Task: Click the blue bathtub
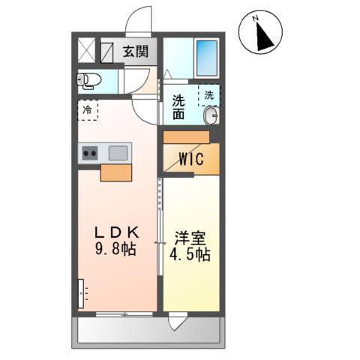coord(205,55)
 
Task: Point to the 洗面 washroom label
coord(178,107)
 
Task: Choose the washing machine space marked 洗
coord(209,96)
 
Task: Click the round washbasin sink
coord(211,115)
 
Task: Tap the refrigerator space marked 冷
coord(88,110)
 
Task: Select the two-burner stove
coord(91,153)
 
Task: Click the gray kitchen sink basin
coord(118,153)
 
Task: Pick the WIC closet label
coord(190,159)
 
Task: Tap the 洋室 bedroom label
coord(190,238)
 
